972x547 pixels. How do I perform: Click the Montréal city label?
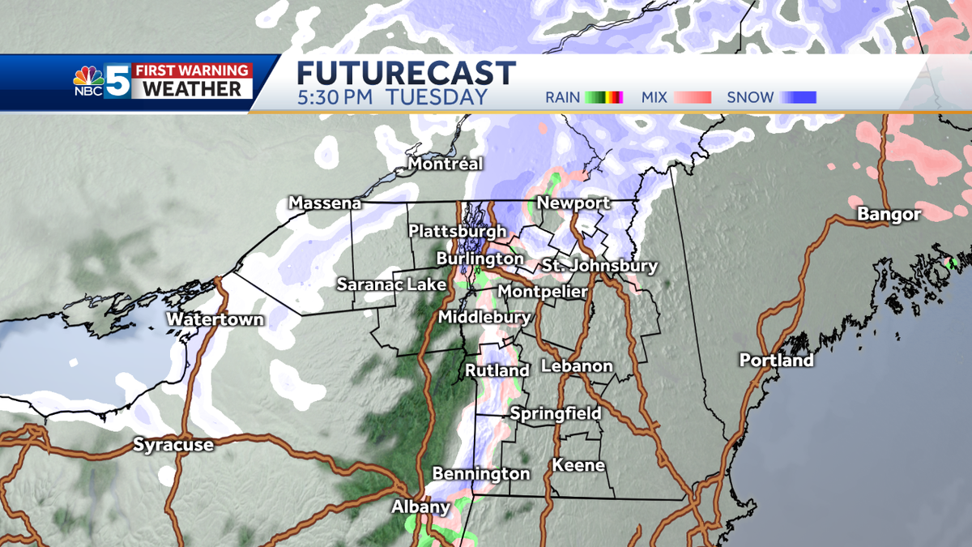point(446,165)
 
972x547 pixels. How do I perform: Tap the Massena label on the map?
point(325,203)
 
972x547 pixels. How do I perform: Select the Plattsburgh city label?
point(457,232)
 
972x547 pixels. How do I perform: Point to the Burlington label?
point(480,259)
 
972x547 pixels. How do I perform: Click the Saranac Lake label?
point(391,284)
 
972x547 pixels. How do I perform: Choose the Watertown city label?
point(215,320)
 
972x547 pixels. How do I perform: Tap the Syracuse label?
point(173,445)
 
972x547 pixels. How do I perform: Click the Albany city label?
point(420,507)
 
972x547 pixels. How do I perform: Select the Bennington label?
point(481,474)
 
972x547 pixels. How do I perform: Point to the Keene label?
point(578,465)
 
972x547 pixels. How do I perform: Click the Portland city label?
point(776,361)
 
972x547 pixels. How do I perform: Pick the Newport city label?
point(573,203)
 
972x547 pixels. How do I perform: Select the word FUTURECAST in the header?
point(406,73)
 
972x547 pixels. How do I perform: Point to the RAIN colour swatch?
point(603,98)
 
